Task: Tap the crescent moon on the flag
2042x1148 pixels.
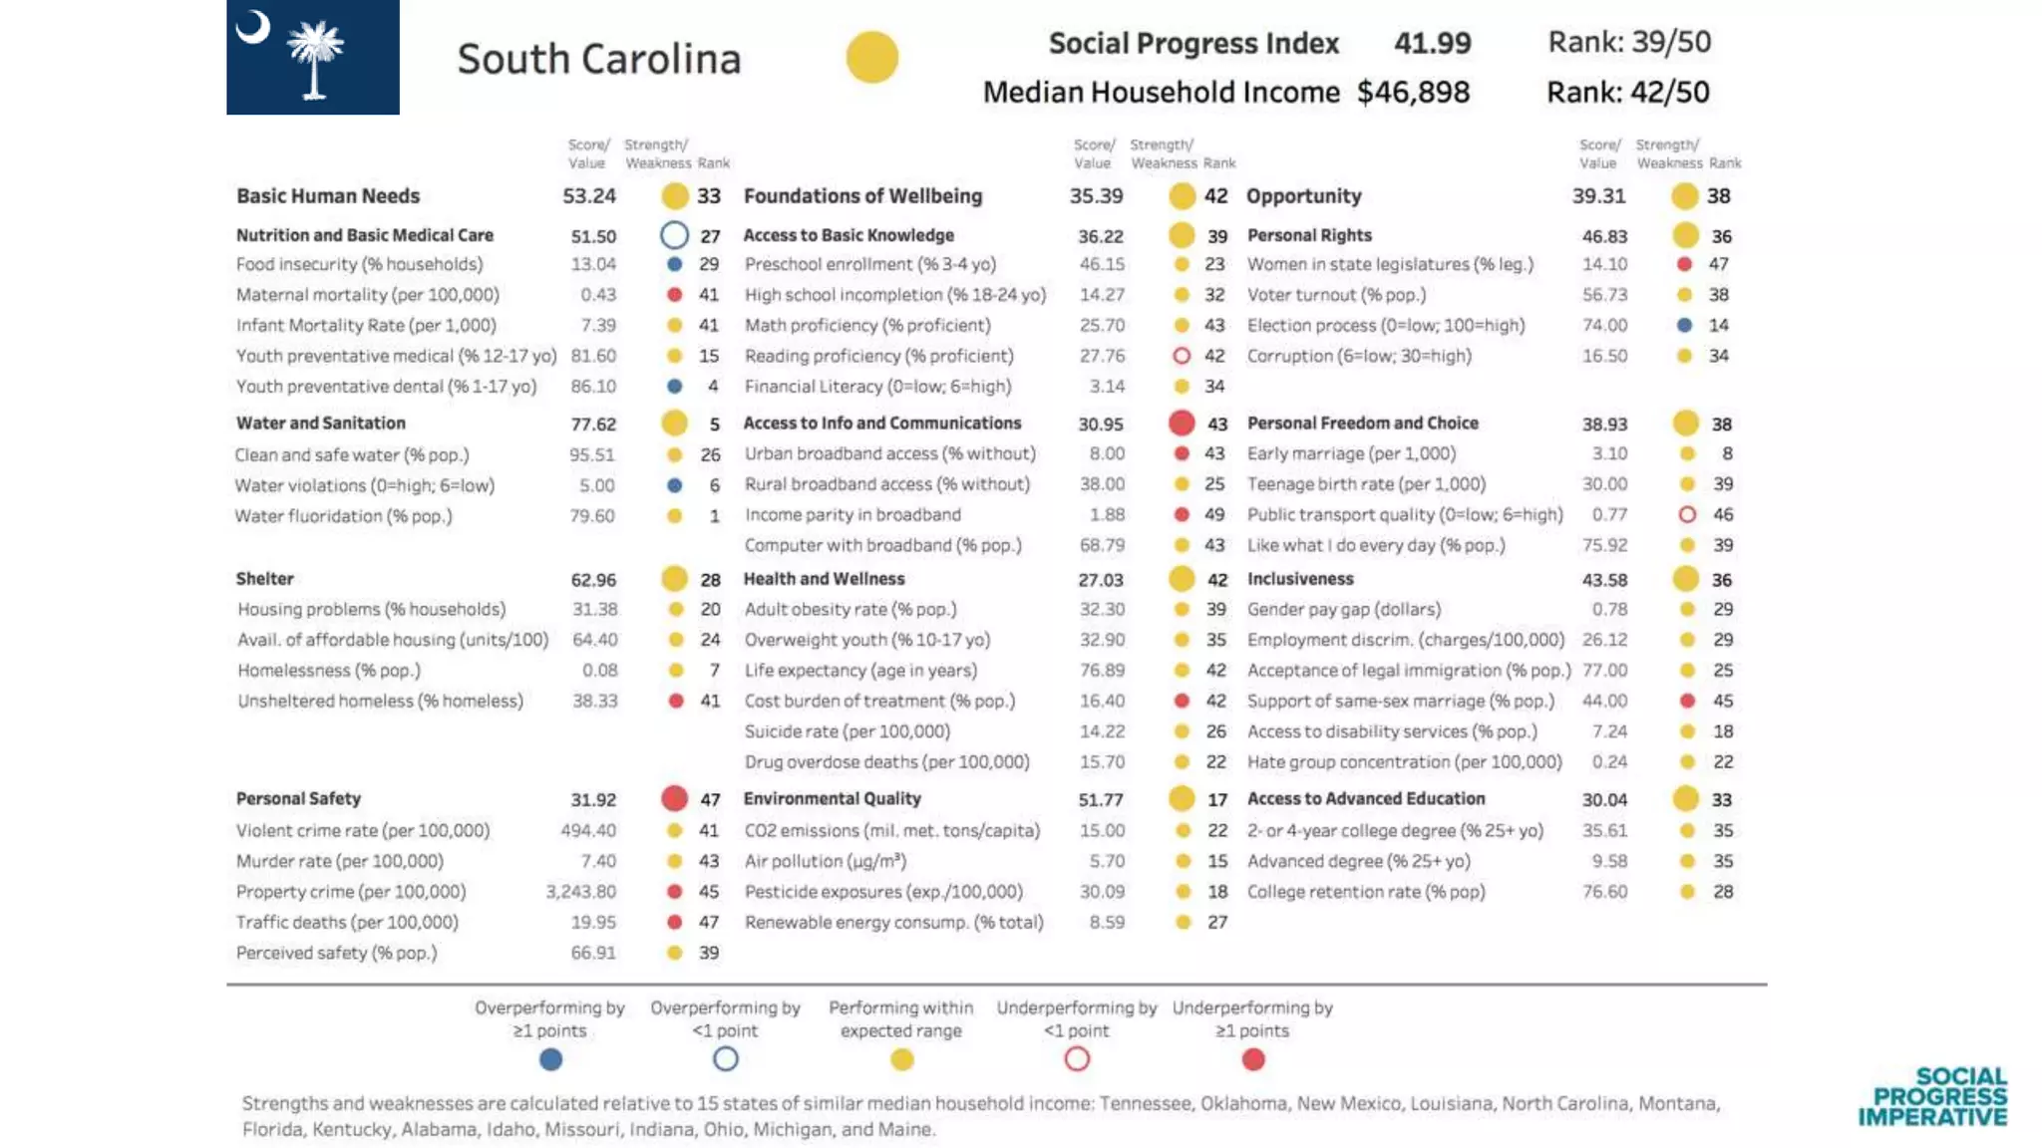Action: click(x=253, y=28)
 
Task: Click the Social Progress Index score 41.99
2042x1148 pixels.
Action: click(x=1432, y=43)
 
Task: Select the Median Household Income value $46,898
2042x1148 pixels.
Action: click(x=1413, y=93)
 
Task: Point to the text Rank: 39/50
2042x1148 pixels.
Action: click(x=1628, y=42)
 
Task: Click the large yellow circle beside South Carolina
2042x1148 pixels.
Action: click(x=871, y=57)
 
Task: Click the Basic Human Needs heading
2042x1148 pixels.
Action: click(x=328, y=196)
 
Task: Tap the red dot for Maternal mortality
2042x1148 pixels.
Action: click(x=675, y=295)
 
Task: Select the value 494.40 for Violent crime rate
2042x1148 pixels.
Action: click(x=588, y=830)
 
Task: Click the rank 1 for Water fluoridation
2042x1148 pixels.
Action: click(x=714, y=516)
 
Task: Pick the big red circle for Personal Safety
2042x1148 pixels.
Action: click(x=675, y=798)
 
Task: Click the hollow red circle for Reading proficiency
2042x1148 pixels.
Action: click(x=1182, y=356)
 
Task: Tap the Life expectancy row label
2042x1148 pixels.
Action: click(x=860, y=671)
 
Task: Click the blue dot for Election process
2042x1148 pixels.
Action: click(x=1684, y=325)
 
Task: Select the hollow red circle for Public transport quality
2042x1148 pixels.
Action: click(x=1687, y=514)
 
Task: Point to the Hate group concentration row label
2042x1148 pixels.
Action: click(x=1404, y=762)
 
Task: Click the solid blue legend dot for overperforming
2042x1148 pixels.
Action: click(x=550, y=1059)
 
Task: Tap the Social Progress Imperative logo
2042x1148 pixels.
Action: click(x=1932, y=1096)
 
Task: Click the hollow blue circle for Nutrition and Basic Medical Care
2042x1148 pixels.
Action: click(x=675, y=235)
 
